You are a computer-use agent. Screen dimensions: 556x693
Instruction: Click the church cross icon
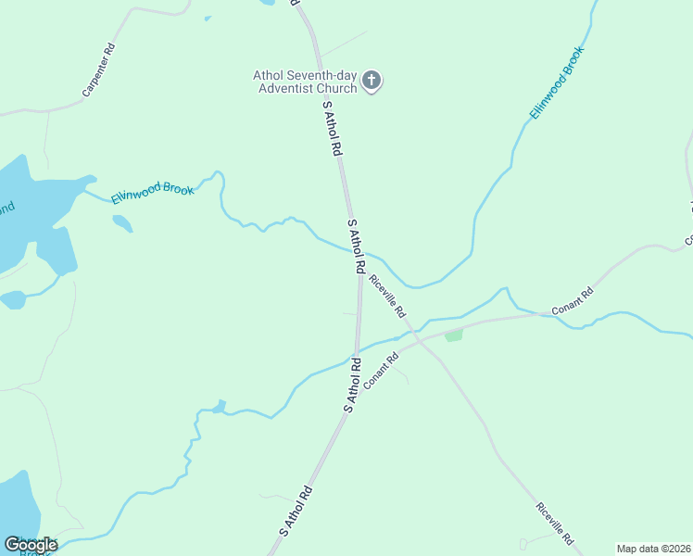pyautogui.click(x=371, y=81)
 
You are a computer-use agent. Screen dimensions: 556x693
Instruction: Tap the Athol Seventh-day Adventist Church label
pyautogui.click(x=306, y=82)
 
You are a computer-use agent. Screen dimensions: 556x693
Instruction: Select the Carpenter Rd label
pyautogui.click(x=98, y=70)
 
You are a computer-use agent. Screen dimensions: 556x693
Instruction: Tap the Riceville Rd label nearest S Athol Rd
pyautogui.click(x=387, y=297)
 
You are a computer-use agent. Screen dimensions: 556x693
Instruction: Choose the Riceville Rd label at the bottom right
pyautogui.click(x=555, y=524)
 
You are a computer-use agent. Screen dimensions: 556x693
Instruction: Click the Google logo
pyautogui.click(x=31, y=545)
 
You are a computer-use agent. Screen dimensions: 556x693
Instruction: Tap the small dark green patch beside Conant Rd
pyautogui.click(x=453, y=335)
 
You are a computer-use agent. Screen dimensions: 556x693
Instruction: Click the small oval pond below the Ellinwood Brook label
pyautogui.click(x=122, y=223)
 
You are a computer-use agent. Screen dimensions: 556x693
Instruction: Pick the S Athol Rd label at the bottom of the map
pyautogui.click(x=296, y=512)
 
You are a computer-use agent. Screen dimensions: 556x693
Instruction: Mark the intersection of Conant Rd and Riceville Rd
pyautogui.click(x=418, y=341)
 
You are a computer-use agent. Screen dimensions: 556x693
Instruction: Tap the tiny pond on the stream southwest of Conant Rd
pyautogui.click(x=219, y=407)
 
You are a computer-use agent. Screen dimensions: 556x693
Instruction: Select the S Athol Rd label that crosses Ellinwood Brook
pyautogui.click(x=355, y=246)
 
